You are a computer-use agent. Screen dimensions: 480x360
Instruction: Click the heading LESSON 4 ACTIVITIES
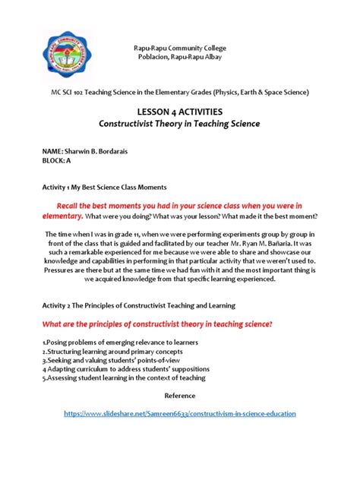(180, 111)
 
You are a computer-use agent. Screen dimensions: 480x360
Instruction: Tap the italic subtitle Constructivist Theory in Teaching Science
(180, 124)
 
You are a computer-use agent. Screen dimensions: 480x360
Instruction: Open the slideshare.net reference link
(180, 413)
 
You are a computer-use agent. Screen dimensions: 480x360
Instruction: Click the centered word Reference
(180, 396)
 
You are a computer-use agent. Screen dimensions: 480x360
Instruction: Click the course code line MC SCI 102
(180, 91)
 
